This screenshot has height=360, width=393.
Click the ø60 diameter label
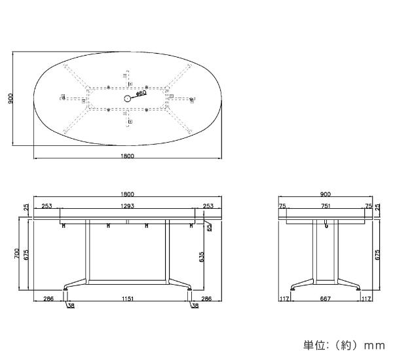tap(141, 93)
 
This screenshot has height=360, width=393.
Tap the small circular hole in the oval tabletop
tap(128, 98)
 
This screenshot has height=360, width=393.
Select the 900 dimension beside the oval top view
tap(10, 98)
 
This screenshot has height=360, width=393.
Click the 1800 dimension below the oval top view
tap(127, 156)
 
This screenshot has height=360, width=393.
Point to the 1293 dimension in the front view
tap(127, 206)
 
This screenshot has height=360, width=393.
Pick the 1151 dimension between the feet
tap(128, 298)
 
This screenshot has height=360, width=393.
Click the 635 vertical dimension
tap(202, 257)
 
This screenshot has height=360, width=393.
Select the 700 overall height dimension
tap(17, 253)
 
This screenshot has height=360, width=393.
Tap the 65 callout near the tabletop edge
tap(210, 227)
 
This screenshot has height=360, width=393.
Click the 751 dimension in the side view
tap(326, 206)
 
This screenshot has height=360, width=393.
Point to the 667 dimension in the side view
tap(326, 298)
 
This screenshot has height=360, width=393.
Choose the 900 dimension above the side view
tap(326, 194)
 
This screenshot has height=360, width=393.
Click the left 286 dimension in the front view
tap(48, 298)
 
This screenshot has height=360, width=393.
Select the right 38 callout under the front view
tap(195, 306)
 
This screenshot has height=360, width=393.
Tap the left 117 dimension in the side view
tap(284, 298)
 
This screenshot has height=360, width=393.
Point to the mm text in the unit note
tap(375, 346)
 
